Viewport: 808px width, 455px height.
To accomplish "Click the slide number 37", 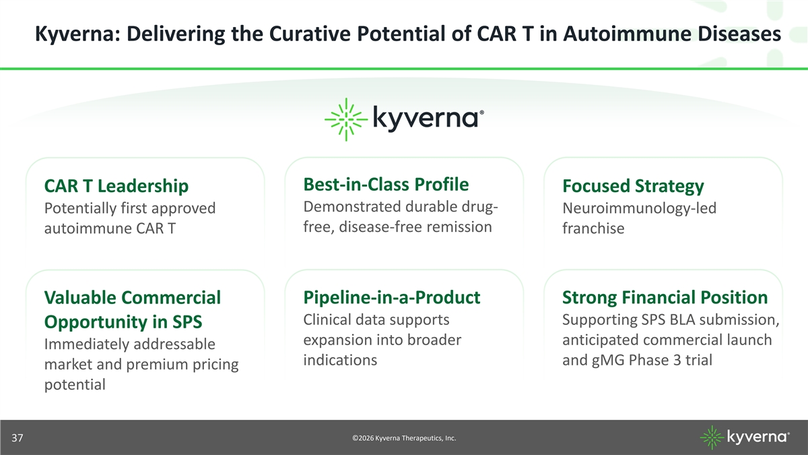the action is click(18, 438).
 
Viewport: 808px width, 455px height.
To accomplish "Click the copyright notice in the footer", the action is click(404, 438).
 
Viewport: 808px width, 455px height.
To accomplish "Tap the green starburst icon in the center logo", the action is click(346, 119).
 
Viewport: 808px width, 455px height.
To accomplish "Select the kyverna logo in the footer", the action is click(745, 437).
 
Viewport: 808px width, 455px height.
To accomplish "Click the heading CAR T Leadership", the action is click(116, 186).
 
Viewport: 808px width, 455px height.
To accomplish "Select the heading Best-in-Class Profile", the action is click(386, 184).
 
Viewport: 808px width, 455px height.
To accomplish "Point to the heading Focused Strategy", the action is click(633, 187).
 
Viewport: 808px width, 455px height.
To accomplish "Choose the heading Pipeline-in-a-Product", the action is click(392, 297).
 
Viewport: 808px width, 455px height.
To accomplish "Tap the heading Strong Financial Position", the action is click(665, 297).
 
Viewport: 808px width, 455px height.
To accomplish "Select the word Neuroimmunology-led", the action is click(639, 208).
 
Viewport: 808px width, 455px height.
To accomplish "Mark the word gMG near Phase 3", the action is click(608, 361).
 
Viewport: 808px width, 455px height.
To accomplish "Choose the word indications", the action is click(340, 360).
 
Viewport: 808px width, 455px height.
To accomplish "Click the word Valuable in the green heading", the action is click(80, 298).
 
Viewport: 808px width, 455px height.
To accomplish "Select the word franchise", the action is click(593, 229).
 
